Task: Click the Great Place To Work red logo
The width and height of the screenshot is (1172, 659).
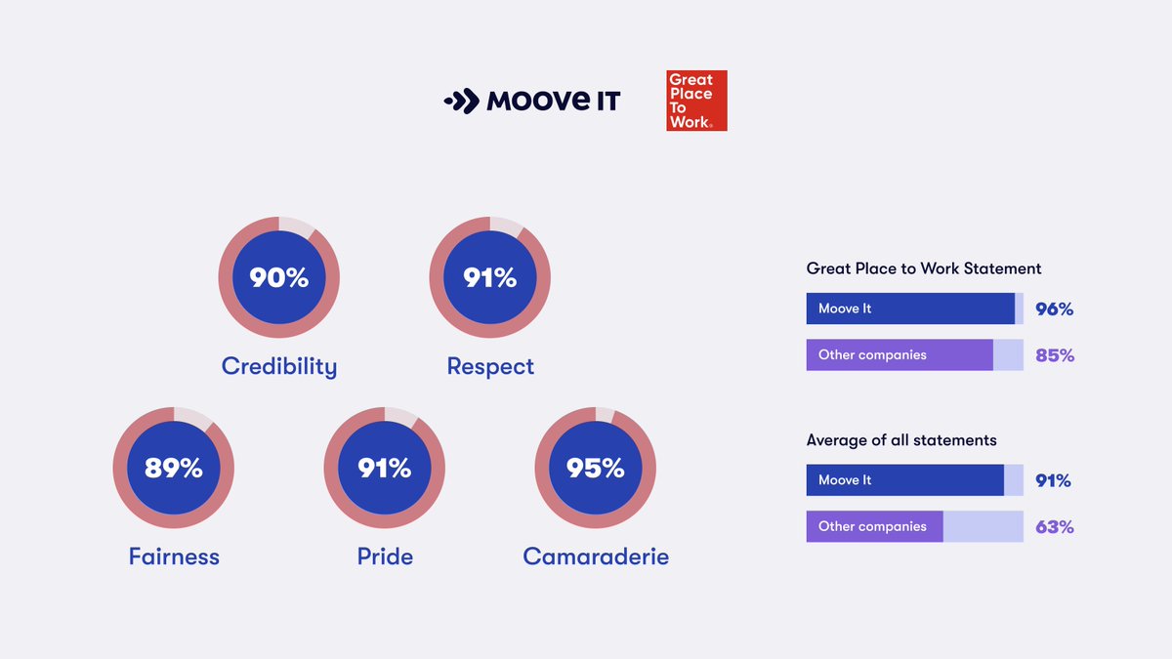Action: (x=696, y=101)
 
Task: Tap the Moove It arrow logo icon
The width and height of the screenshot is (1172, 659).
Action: (x=461, y=101)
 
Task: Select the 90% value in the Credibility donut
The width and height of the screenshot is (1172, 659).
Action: (x=278, y=278)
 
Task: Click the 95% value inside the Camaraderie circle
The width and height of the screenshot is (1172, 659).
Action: (x=596, y=469)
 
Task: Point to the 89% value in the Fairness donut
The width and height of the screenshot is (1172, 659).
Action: (x=173, y=469)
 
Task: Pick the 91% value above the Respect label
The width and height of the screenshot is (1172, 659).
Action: (x=490, y=278)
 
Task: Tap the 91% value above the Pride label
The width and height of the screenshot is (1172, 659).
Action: (x=385, y=469)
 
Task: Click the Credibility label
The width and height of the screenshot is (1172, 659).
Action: (x=278, y=366)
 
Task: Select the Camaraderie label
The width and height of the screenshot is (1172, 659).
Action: (x=596, y=556)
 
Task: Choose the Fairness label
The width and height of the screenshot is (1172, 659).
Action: (x=174, y=556)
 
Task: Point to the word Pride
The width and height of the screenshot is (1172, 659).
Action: (x=385, y=556)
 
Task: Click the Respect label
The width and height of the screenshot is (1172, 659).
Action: (x=490, y=366)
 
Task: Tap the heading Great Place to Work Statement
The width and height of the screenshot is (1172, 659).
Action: (x=924, y=268)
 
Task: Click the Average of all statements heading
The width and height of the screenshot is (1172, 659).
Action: (x=901, y=440)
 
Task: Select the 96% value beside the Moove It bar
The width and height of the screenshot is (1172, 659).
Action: (x=1054, y=309)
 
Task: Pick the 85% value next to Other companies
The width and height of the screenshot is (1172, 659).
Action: (x=1055, y=355)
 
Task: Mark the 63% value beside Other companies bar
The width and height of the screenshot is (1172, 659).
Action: (x=1055, y=527)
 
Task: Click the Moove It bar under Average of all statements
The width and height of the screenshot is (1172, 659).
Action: (x=904, y=480)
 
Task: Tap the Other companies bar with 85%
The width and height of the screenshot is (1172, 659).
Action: (x=900, y=355)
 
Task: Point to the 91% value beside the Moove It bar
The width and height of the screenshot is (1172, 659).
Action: (x=1053, y=480)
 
